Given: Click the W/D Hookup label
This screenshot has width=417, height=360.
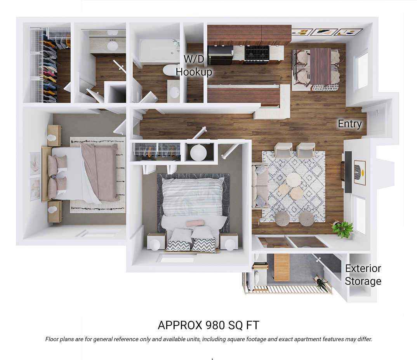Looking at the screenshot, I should point(194,66).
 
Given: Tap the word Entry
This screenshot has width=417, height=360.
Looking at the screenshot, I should point(350,124).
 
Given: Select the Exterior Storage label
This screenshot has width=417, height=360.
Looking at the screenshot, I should point(363,275).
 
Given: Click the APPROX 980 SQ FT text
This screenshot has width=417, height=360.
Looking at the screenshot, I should point(208,325).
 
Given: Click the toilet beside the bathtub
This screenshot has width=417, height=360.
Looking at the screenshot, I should point(170,70).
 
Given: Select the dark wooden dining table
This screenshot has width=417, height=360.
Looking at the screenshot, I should point(320,66).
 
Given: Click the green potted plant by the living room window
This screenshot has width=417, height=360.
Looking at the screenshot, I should point(342,228).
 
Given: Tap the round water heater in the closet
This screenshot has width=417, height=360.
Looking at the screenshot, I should point(198,153).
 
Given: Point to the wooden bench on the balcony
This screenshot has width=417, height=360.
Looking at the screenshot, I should point(281,267).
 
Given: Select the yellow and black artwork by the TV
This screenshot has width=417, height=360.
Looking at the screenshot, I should point(360,172).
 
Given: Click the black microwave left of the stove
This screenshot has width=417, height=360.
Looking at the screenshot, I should point(220,55).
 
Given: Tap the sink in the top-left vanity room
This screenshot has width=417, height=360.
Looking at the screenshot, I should point(113,46).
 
